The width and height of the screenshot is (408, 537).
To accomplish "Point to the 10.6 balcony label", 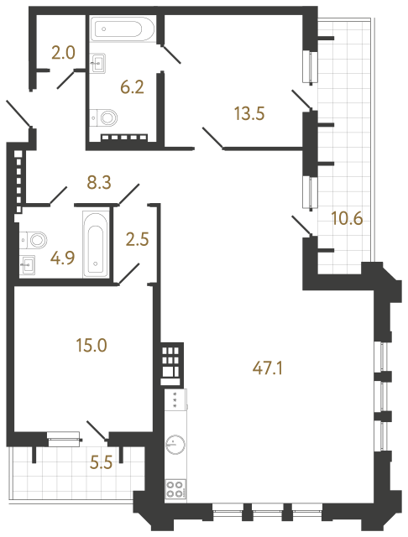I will (346, 220).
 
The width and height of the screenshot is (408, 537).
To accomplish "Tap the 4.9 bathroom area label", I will (62, 258).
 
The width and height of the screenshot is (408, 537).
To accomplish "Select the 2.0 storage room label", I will (62, 52).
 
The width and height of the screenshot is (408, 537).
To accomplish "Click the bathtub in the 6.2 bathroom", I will (124, 30).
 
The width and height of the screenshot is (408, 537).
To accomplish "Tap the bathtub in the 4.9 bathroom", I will (94, 243).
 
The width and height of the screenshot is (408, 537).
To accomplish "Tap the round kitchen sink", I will (175, 444).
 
